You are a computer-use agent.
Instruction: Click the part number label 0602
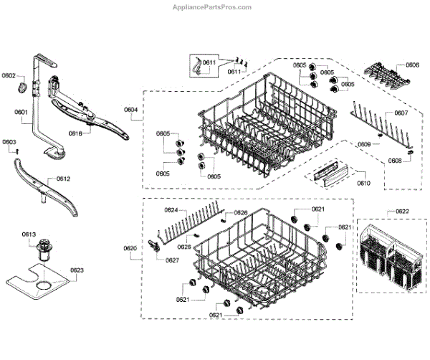click(x=9, y=75)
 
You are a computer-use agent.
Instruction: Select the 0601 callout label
click(x=21, y=112)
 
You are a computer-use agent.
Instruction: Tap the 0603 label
click(x=9, y=143)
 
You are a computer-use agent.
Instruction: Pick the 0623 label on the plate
click(x=77, y=270)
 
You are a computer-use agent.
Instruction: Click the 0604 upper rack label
click(x=130, y=110)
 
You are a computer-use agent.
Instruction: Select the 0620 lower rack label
click(x=130, y=249)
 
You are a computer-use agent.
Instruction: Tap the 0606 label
click(x=412, y=65)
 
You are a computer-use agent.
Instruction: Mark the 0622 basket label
click(x=402, y=212)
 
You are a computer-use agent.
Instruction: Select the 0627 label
click(x=172, y=260)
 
